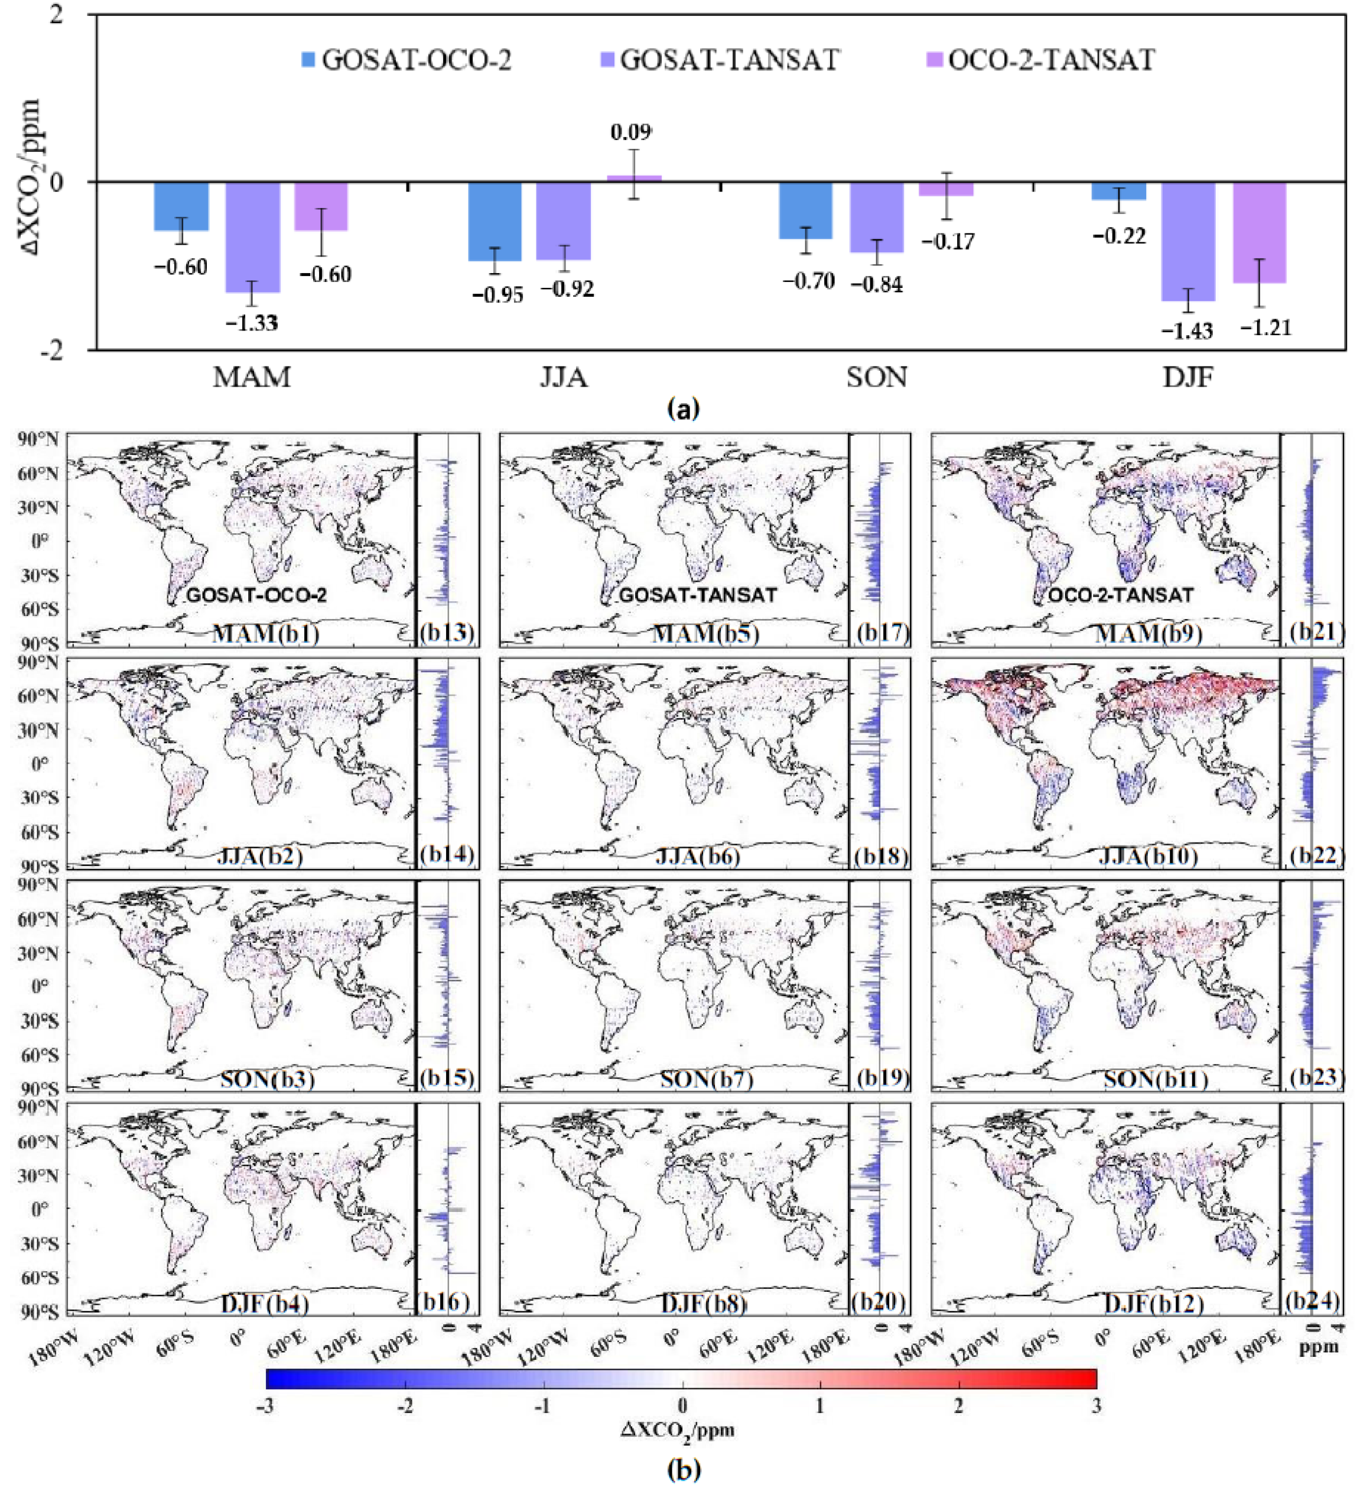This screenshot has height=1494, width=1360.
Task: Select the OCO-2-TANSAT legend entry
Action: point(1042,60)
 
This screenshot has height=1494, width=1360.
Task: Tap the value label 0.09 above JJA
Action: point(630,132)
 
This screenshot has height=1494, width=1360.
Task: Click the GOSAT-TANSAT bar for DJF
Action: point(1187,241)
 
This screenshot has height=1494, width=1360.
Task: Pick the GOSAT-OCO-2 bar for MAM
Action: point(181,206)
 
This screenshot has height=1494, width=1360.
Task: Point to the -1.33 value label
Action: point(252,323)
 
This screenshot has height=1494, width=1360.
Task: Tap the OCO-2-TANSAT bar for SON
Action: point(945,189)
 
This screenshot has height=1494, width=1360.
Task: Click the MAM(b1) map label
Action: point(266,634)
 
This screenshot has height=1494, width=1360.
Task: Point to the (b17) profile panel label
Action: point(881,634)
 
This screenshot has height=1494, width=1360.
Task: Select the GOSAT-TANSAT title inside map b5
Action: point(698,595)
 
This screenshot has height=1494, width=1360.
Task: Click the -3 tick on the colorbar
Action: point(266,1406)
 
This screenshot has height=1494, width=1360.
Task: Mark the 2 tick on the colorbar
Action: point(958,1406)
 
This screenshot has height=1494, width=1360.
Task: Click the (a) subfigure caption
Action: point(683,409)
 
